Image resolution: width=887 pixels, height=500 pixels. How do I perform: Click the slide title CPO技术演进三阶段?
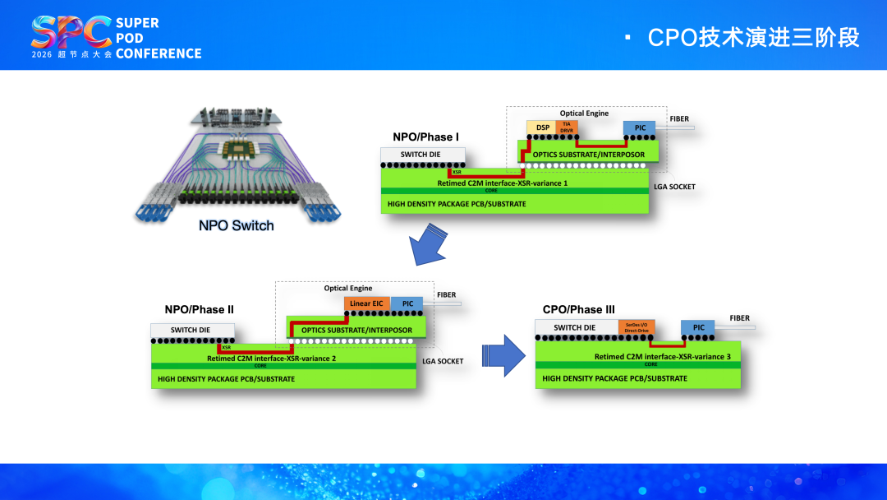(753, 38)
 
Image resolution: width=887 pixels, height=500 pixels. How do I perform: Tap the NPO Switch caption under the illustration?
(236, 225)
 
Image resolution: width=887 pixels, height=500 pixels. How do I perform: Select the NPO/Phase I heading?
(425, 137)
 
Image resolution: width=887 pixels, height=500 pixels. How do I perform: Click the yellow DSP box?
(542, 127)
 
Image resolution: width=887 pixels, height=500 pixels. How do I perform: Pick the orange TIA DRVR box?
(567, 127)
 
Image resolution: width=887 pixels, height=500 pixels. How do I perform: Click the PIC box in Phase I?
(640, 127)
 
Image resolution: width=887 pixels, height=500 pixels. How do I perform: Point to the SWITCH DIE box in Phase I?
(422, 155)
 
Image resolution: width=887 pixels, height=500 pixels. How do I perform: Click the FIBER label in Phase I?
(679, 119)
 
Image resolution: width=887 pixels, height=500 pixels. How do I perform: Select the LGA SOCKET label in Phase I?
(675, 187)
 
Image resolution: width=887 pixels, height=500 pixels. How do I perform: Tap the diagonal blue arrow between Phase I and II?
(429, 247)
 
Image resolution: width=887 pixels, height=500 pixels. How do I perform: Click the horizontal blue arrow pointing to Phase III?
(503, 354)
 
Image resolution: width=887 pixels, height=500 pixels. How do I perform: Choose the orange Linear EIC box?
(366, 303)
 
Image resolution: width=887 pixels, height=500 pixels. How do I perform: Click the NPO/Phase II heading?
(199, 310)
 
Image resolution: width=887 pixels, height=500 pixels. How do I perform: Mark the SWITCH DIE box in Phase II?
(192, 331)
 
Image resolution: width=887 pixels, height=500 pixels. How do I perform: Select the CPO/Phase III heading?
(578, 310)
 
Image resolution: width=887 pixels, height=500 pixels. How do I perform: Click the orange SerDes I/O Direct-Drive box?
(637, 327)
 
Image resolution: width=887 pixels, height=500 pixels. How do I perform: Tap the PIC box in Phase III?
(698, 327)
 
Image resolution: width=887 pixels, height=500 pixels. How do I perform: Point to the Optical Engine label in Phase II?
(347, 289)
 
